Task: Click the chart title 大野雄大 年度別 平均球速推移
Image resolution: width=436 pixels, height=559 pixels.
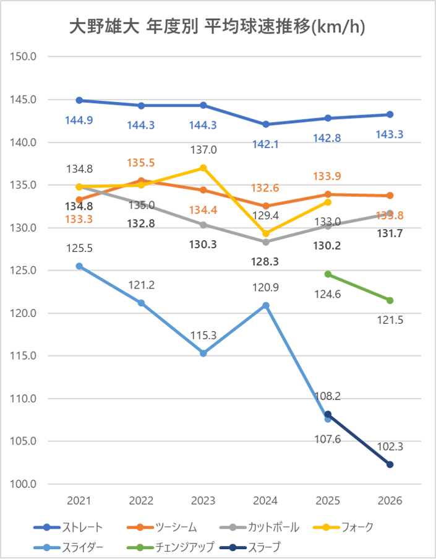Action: point(218,27)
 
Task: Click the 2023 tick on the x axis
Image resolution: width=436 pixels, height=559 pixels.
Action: point(203,501)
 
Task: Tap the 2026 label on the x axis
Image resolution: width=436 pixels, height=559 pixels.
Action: point(390,501)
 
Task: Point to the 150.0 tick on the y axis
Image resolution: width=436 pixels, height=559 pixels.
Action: point(25,57)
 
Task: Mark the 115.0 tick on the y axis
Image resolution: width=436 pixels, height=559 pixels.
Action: point(25,356)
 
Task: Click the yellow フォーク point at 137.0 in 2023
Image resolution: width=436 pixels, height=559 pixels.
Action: point(203,168)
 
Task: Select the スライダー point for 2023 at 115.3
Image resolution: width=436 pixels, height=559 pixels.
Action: point(203,353)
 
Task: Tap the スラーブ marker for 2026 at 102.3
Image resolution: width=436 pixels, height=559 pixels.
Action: point(390,464)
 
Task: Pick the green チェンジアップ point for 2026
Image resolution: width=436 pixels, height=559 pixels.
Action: point(390,300)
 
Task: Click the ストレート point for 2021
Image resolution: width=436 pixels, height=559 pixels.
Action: point(79,100)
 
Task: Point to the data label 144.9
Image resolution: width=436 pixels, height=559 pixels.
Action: point(79,120)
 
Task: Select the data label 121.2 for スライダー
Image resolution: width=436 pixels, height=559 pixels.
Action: point(142,285)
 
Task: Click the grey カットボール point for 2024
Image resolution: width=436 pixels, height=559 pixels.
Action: point(266,242)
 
